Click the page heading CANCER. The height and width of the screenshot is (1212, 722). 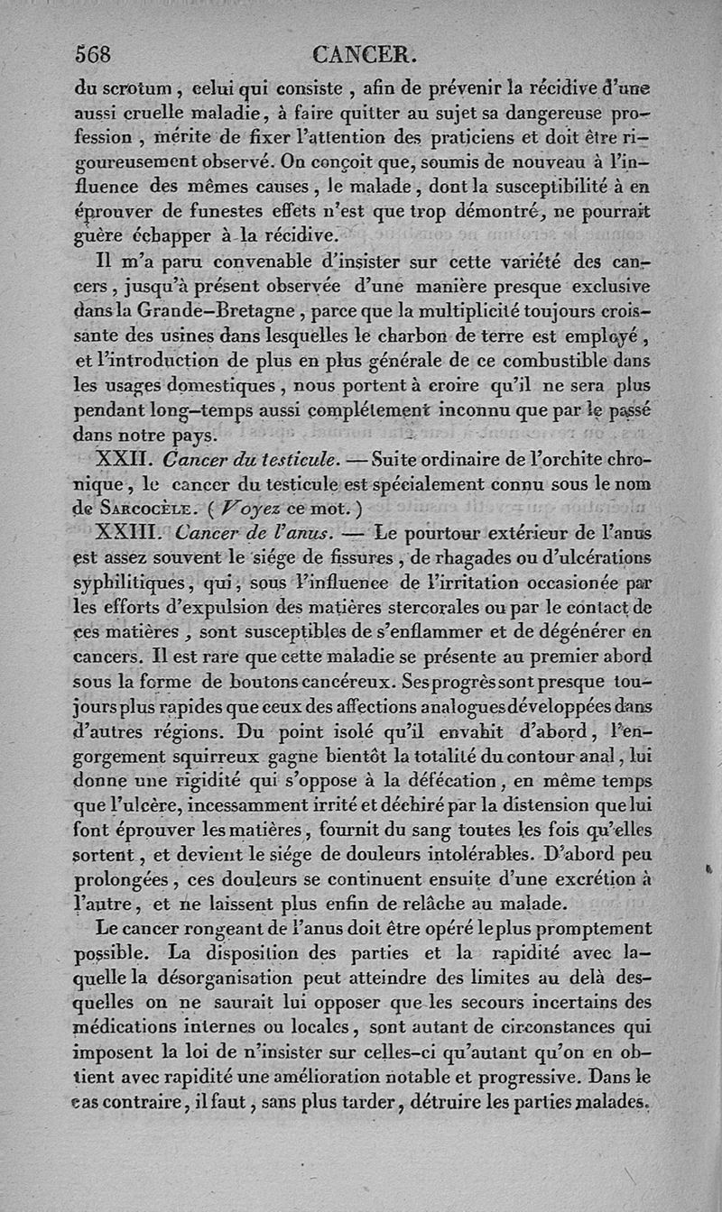click(364, 54)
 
